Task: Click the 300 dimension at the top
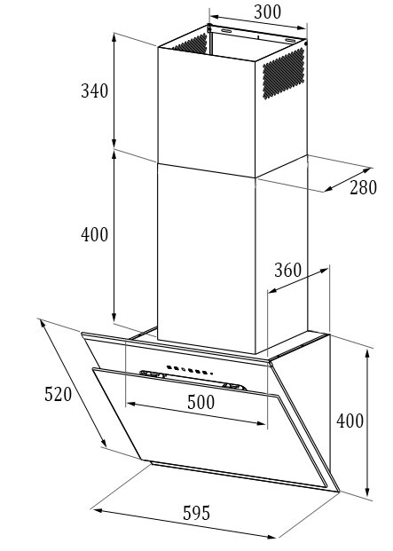267,12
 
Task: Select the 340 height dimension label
94,91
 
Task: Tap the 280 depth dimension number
363,187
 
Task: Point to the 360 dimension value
287,271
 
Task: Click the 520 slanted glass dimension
58,394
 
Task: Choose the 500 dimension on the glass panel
200,402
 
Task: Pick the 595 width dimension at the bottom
196,513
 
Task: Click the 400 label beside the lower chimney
94,234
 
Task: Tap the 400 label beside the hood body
350,421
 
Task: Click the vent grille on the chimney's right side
283,74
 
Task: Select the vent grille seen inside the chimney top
190,44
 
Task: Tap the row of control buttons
190,370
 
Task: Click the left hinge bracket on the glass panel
153,374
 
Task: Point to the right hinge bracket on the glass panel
234,387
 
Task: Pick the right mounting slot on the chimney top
290,41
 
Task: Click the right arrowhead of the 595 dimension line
271,537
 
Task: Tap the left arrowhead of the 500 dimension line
130,405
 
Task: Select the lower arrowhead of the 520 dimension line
104,443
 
